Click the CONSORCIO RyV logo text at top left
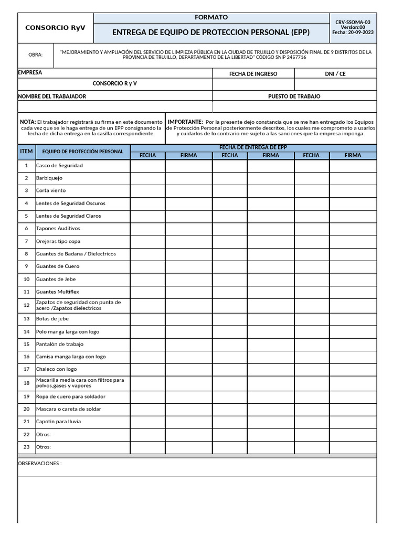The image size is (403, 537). tap(55, 28)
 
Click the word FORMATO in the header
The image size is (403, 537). tap(211, 17)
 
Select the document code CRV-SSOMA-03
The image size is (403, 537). tap(353, 22)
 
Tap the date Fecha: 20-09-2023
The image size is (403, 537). tap(353, 33)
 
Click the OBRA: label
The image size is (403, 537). tap(35, 55)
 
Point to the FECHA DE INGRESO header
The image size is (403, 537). tap(253, 74)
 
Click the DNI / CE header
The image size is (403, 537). tap(335, 74)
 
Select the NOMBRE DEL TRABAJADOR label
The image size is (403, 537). tap(52, 96)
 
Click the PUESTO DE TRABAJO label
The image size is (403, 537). tap(294, 96)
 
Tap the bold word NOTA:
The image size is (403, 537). tap(28, 122)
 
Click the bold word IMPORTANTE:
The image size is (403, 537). tap(185, 122)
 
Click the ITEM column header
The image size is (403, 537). tap(26, 151)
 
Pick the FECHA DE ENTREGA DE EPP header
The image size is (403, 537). tap(253, 147)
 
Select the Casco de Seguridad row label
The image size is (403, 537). tap(59, 166)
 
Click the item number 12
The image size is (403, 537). tap(26, 305)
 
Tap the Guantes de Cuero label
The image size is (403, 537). tap(58, 266)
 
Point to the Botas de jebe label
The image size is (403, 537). tap(52, 319)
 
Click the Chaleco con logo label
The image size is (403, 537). tap(56, 369)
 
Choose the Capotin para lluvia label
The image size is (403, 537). tap(58, 422)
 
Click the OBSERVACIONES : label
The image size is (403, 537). tap(40, 464)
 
